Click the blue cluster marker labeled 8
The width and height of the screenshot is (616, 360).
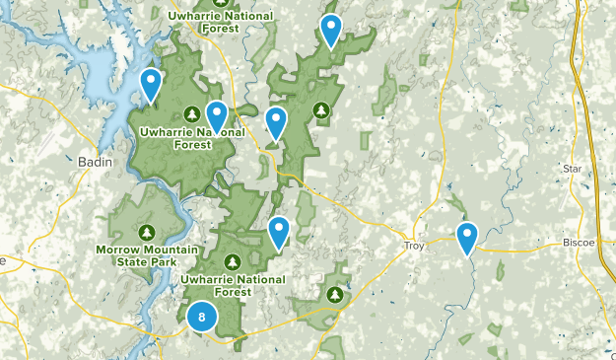pos(202,317)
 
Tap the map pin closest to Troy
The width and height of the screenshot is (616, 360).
pos(467,238)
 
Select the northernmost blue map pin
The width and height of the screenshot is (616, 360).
pos(331,32)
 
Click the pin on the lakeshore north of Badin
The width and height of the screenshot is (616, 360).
pos(151,86)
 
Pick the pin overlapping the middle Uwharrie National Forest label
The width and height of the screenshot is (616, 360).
pos(216,117)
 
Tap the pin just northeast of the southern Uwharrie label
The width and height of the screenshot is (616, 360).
pos(280,232)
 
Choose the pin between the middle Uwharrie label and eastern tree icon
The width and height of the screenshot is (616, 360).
pos(277,123)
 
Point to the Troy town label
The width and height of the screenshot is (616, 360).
pos(415,245)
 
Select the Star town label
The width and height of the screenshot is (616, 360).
pos(573,170)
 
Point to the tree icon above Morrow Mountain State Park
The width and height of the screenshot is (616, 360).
pos(147,233)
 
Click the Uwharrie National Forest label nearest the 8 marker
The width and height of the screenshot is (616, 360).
pos(232,285)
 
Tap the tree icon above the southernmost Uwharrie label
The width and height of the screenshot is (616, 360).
pos(233,261)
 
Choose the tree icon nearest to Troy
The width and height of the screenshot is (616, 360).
pos(335,294)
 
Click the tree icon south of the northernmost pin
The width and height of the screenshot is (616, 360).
pos(320,108)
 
